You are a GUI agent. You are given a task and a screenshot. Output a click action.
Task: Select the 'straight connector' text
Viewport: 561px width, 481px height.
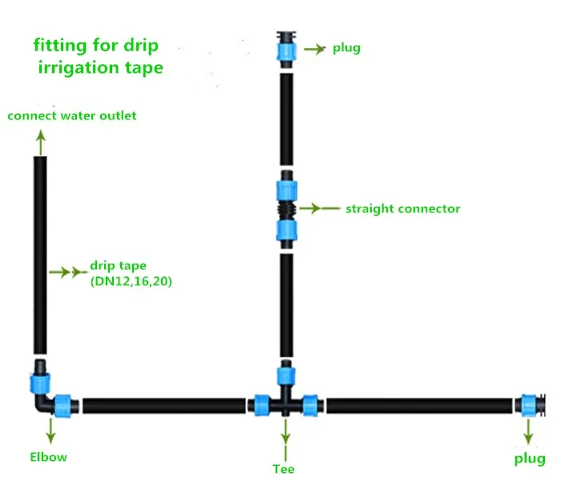coord(402,209)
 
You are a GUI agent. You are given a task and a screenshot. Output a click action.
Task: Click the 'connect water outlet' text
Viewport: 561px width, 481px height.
coord(72,115)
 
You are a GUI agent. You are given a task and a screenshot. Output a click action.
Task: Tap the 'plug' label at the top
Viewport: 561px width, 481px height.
coord(346,48)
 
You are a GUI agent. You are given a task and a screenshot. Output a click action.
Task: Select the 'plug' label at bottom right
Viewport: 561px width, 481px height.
coord(529,459)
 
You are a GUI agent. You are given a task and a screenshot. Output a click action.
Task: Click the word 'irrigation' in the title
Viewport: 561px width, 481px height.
coord(78,68)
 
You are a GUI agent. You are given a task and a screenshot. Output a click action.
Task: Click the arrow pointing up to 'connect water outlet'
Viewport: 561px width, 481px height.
coord(40,142)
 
